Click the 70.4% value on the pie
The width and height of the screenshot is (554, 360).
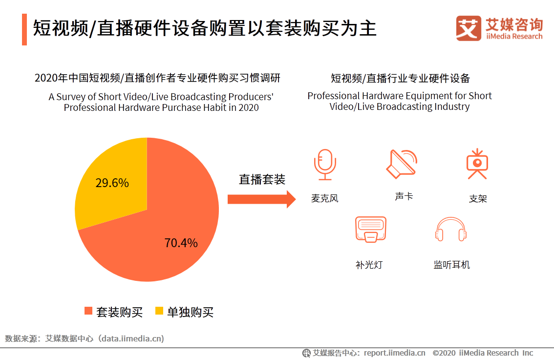[181, 243]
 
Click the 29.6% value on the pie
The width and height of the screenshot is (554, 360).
[112, 183]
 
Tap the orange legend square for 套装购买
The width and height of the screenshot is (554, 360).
[88, 311]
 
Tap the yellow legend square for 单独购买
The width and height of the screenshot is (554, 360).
[159, 311]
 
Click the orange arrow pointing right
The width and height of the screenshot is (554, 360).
[261, 199]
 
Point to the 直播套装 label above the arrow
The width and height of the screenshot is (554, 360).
[262, 179]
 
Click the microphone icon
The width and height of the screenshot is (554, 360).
[325, 165]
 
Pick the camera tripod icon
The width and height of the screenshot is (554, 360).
[477, 165]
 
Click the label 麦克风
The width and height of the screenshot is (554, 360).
[325, 198]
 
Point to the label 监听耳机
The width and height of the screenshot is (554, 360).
[451, 265]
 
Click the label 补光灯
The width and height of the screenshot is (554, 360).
[369, 265]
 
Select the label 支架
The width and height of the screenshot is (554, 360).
[478, 199]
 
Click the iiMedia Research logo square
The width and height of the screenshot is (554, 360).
[469, 28]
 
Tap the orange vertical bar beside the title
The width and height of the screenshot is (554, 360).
[24, 29]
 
